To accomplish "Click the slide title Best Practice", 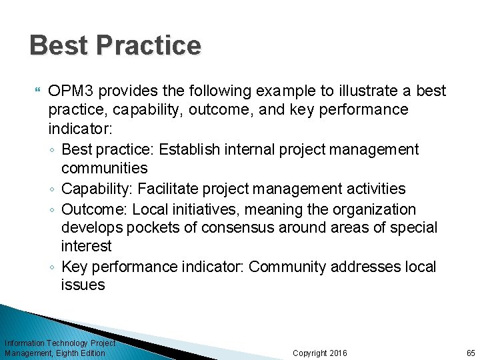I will click(115, 46).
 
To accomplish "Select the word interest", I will click(87, 247).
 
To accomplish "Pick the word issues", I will click(83, 285).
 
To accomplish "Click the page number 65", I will click(471, 353).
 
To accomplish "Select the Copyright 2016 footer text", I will click(320, 353).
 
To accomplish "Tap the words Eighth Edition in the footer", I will click(82, 353).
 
